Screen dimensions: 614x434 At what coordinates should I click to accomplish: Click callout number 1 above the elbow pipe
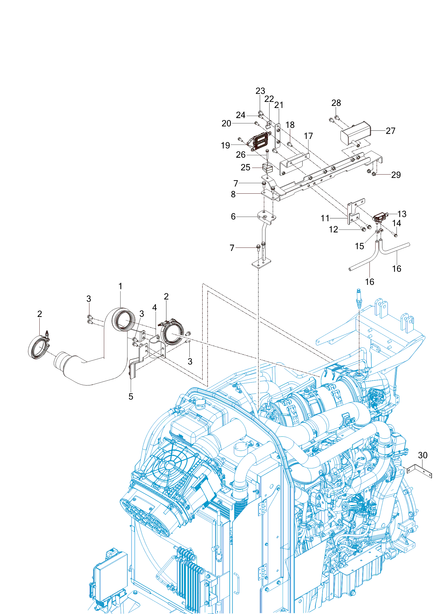tap(120, 286)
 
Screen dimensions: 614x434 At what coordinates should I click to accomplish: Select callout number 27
tap(390, 131)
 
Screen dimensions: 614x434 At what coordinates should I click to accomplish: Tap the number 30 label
tap(423, 455)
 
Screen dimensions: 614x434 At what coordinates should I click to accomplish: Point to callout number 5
tap(131, 396)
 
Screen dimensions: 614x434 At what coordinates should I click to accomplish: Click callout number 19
tap(225, 145)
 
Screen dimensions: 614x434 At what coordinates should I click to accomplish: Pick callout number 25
tap(245, 167)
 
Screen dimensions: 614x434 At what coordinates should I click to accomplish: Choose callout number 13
tap(402, 214)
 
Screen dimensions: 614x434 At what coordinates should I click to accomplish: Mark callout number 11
tap(325, 218)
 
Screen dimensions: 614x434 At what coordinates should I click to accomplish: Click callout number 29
tap(396, 175)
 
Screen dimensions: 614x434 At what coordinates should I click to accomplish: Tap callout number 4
tap(155, 307)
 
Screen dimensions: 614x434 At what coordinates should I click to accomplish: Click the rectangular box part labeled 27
tap(355, 134)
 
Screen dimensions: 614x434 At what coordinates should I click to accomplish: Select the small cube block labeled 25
tap(267, 168)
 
